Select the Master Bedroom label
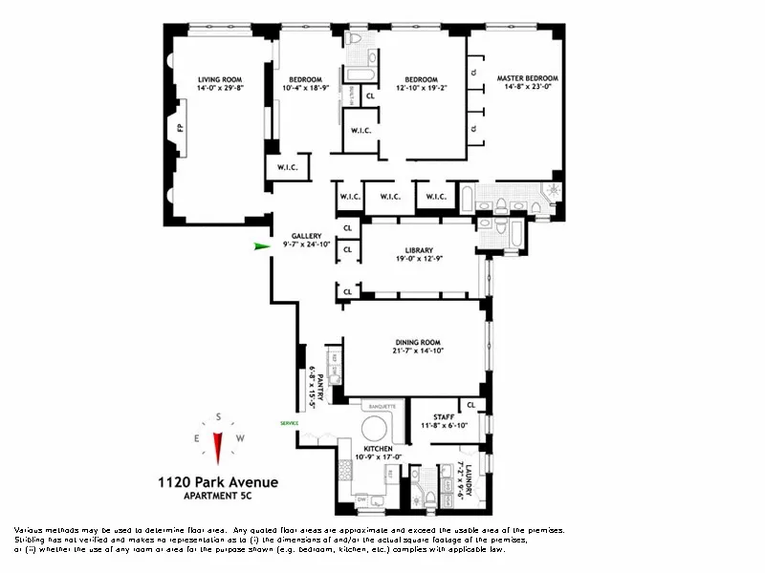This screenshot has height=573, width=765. pyautogui.click(x=527, y=78)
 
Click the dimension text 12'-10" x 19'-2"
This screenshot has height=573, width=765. pyautogui.click(x=421, y=88)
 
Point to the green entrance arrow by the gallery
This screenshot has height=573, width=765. pyautogui.click(x=260, y=245)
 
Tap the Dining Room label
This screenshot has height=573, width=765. pyautogui.click(x=418, y=342)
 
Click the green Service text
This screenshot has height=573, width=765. pyautogui.click(x=289, y=422)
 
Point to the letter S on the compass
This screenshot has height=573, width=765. pyautogui.click(x=219, y=416)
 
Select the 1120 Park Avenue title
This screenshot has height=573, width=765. pyautogui.click(x=218, y=482)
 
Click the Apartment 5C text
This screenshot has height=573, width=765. pyautogui.click(x=218, y=497)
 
